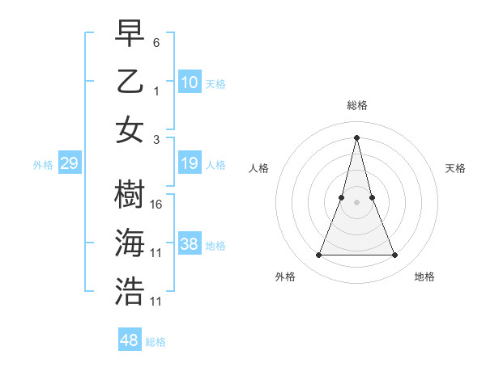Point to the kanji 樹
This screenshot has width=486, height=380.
[130, 194]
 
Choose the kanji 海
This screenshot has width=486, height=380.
[130, 243]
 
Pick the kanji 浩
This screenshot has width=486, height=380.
[130, 291]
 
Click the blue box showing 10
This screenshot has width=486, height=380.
[190, 82]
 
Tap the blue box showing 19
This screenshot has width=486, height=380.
[190, 164]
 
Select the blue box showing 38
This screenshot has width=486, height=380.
[190, 245]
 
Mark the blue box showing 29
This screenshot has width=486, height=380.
[70, 164]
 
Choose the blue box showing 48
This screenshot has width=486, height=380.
[130, 340]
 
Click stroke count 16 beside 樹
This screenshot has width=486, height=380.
[157, 205]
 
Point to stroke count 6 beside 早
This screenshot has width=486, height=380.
[157, 41]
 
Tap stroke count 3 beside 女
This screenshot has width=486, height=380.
[157, 139]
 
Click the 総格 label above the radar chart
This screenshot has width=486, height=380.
[357, 105]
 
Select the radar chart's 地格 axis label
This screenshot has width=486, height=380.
[424, 277]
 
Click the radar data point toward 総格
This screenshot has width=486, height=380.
[357, 137]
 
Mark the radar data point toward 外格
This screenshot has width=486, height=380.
[318, 255]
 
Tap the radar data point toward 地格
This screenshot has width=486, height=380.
[395, 255]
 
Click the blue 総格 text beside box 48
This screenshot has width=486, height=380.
[156, 342]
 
